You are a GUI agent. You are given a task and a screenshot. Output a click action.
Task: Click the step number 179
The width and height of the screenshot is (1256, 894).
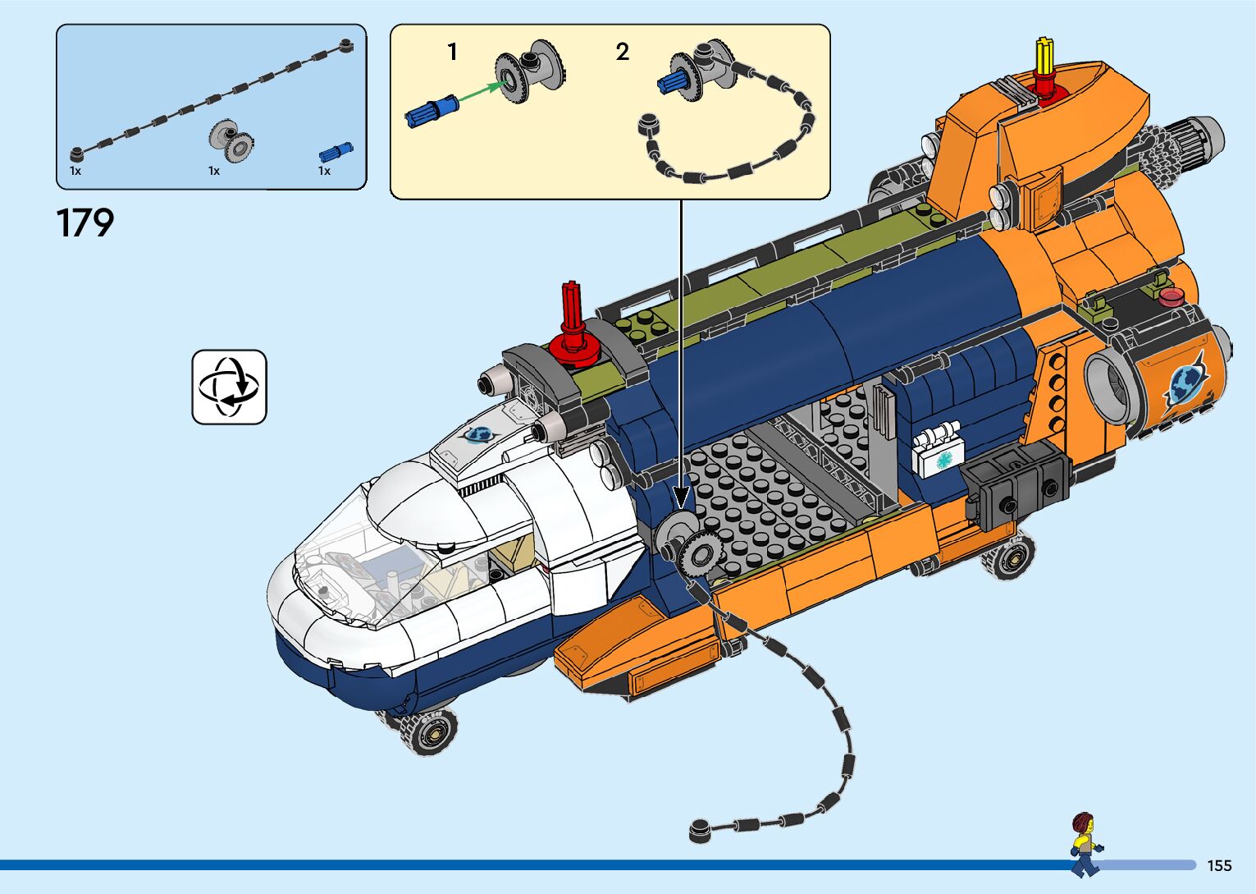point(85,222)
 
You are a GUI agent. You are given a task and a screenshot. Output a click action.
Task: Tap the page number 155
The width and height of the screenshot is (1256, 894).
point(1219,865)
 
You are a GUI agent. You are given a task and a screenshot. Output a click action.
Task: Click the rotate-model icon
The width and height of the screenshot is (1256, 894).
point(230,387)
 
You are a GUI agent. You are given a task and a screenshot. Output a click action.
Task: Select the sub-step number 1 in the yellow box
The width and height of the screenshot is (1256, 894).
point(452,53)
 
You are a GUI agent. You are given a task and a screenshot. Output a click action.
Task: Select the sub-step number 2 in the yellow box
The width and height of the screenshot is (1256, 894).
point(623,53)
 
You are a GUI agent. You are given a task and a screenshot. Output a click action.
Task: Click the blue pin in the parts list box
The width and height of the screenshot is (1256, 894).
point(336,151)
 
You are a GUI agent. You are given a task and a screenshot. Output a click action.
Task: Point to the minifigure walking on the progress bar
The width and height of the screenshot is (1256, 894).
point(1085,844)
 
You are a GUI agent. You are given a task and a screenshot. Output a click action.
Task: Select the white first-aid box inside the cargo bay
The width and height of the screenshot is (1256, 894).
point(937,452)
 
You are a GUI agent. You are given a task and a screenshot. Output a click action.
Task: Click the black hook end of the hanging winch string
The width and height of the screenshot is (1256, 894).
point(700,830)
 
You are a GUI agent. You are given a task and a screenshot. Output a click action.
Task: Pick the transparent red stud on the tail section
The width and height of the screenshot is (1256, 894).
point(1169,296)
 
